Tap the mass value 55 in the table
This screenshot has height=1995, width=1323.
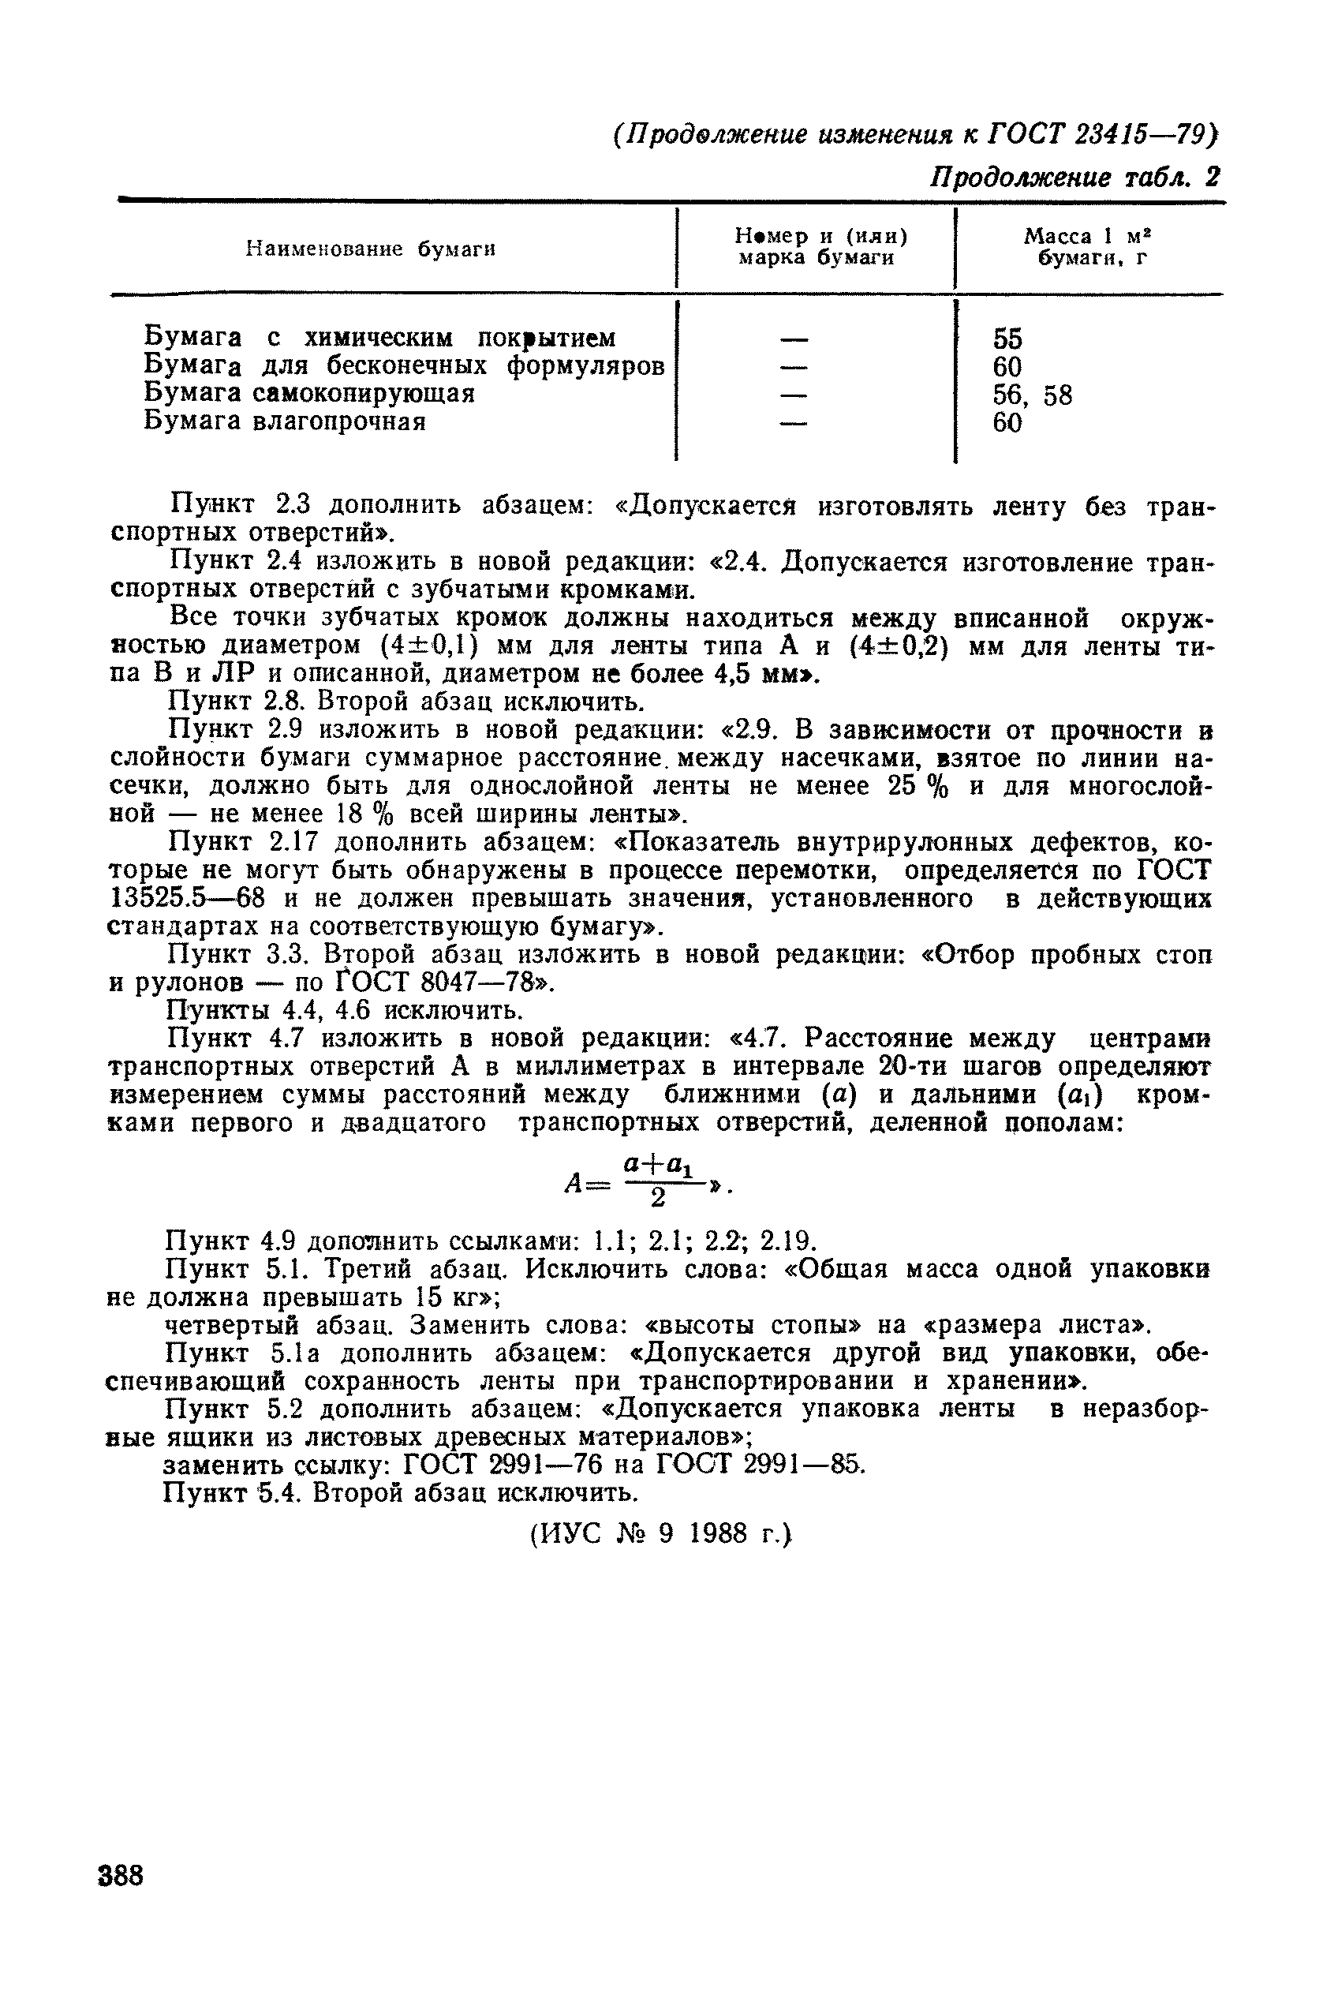[1007, 339]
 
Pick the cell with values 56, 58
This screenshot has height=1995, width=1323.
[1032, 395]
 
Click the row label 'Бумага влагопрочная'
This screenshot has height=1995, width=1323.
[284, 421]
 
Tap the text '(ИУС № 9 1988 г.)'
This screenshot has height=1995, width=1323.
[663, 1533]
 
